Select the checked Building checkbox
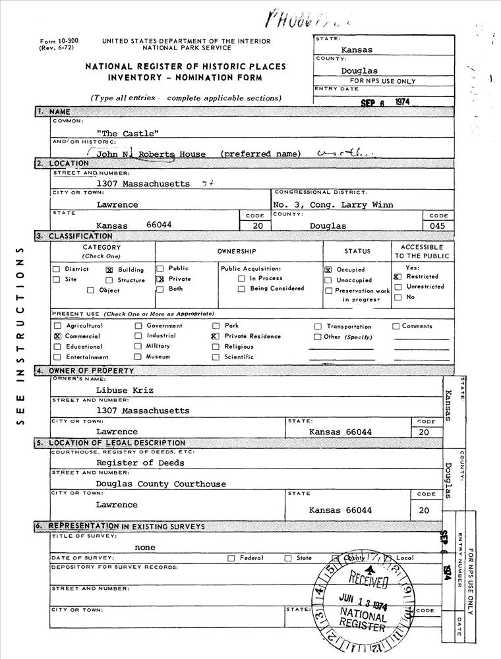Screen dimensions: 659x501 click(109, 270)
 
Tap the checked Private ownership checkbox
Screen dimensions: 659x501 click(160, 279)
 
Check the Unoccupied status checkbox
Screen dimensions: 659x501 click(328, 280)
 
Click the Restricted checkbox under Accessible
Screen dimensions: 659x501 click(398, 277)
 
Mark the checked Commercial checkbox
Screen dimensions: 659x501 click(57, 336)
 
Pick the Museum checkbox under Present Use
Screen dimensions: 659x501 click(138, 357)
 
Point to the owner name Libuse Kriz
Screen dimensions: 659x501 click(125, 390)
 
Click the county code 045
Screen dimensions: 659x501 click(436, 225)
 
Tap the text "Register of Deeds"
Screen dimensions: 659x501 click(140, 463)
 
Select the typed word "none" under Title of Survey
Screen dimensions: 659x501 click(145, 547)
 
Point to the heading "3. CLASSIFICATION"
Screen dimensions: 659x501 click(74, 236)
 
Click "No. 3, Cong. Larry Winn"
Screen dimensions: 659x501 click(333, 205)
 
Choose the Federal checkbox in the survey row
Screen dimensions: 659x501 click(231, 558)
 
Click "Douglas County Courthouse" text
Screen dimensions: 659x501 click(161, 484)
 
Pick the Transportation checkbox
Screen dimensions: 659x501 click(318, 326)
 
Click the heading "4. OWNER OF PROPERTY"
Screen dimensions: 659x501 click(86, 371)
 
